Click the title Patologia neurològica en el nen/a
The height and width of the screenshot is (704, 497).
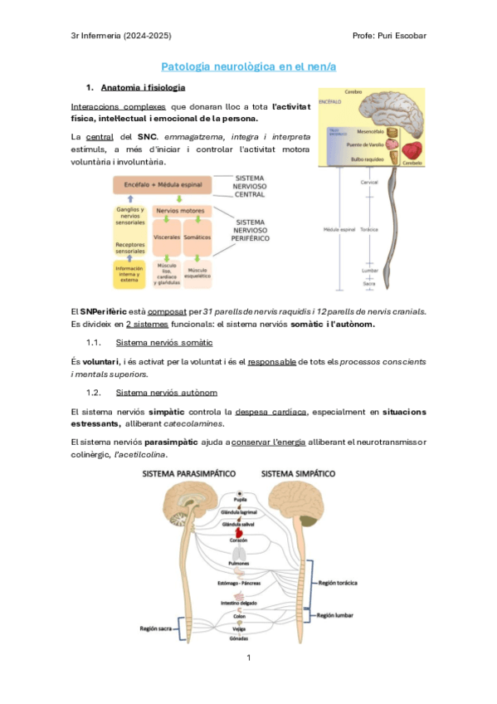point(247,66)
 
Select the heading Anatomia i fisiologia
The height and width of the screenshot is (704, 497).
point(143,87)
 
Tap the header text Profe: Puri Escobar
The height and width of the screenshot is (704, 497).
point(388,35)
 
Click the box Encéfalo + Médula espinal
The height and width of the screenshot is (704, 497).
point(162,183)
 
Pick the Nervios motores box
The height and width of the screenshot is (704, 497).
point(181,211)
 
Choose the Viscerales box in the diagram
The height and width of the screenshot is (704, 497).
point(168,237)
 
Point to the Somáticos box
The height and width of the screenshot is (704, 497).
point(197,237)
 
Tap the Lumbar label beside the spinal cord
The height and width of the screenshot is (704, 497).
point(370,271)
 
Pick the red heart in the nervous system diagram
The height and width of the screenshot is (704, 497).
point(240,535)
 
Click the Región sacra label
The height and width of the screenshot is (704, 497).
point(158,629)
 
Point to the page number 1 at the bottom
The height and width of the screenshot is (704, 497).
point(247,658)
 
